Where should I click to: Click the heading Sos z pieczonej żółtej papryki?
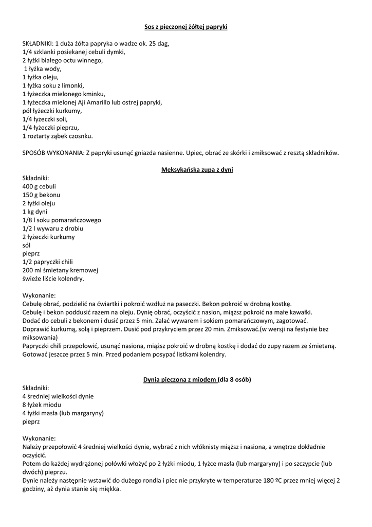point(185,27)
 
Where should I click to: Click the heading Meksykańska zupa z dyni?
point(197,169)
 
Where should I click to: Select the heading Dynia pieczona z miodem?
point(179,380)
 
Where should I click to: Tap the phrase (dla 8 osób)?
point(234,380)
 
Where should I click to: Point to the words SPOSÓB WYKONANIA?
point(53,152)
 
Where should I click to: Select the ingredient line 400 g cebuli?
point(39,186)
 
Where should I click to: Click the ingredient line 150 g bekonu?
point(41,195)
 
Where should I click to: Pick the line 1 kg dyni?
point(35,212)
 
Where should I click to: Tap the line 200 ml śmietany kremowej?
point(60,270)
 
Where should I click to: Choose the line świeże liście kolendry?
point(53,278)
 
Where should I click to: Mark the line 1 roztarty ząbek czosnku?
point(58,136)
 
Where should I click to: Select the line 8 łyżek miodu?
point(42,405)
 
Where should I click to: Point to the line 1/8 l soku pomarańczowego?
point(62,220)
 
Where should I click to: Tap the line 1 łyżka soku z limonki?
point(53,85)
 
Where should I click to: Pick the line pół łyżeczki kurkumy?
point(52,111)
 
